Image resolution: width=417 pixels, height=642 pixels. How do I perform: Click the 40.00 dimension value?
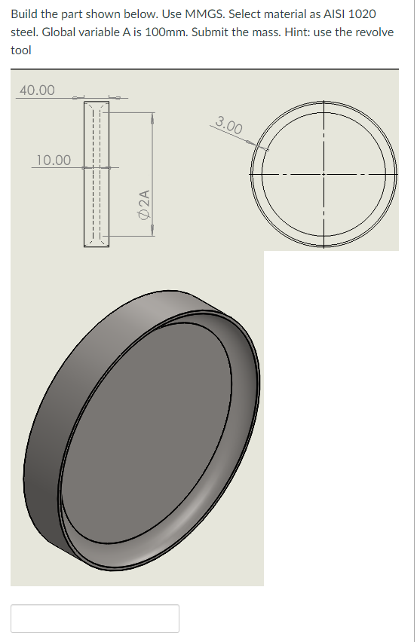click(37, 90)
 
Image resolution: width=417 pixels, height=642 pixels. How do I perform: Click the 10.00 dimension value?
click(54, 160)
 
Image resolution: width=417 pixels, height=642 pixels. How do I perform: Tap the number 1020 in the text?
click(360, 14)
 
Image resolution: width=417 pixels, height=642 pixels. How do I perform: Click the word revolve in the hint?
click(372, 32)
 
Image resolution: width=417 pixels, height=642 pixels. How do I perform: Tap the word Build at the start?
click(26, 14)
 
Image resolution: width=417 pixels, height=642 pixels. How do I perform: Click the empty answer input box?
click(95, 618)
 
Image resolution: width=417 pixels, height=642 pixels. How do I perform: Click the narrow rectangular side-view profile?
click(97, 173)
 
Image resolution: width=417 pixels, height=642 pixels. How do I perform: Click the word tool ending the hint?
click(21, 50)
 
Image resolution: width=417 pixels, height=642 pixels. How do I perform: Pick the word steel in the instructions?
click(25, 32)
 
